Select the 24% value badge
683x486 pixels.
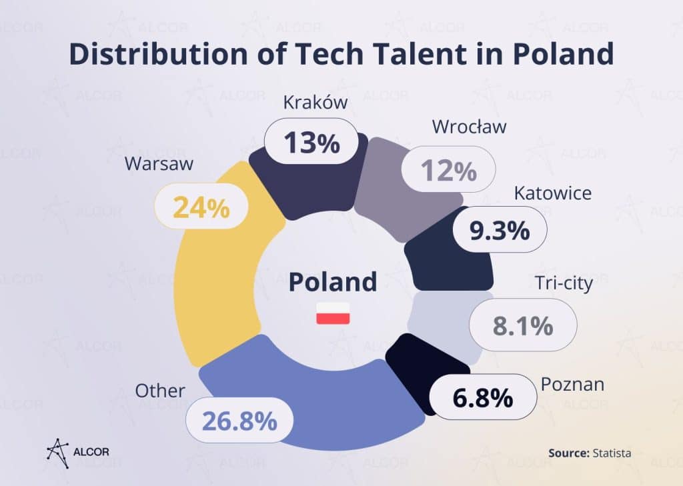201,208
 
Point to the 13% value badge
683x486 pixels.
311,143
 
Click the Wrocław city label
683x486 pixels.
469,126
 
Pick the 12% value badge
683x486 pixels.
449,171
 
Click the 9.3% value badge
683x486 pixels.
500,231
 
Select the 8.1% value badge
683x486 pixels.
523,326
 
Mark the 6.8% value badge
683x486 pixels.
483,398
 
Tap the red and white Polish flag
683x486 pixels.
333,313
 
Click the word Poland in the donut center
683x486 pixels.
333,281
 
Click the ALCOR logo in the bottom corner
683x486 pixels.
78,451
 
